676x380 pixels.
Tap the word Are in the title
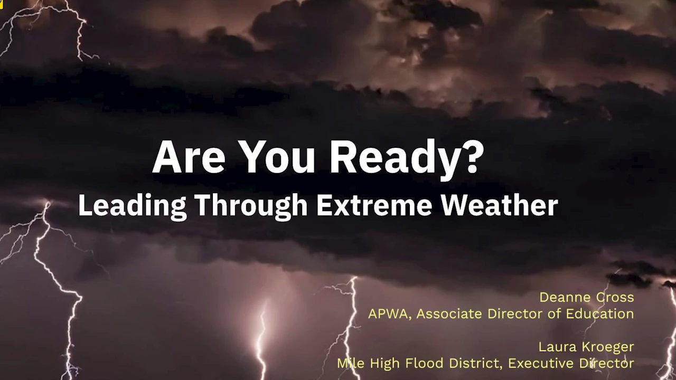[x=189, y=157]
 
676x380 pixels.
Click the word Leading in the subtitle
[x=132, y=206]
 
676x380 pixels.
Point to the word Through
[x=251, y=206]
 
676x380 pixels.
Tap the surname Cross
[x=615, y=297]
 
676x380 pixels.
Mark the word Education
[x=600, y=313]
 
